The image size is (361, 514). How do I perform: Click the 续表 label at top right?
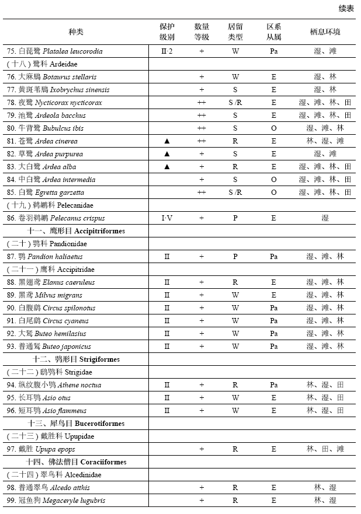[x=346, y=8]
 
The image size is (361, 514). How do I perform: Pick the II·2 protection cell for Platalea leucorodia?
[x=168, y=51]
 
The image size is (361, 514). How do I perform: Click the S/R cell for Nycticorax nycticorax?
[x=235, y=103]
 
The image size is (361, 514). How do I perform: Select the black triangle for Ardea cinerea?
[x=167, y=141]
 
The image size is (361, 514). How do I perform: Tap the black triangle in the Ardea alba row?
[x=167, y=167]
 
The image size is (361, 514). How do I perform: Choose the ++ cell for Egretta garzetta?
[x=202, y=193]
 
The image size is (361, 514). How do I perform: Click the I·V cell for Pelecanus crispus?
[x=167, y=218]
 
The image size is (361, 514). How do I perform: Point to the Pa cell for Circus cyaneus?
[x=273, y=321]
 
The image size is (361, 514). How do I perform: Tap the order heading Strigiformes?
[x=77, y=359]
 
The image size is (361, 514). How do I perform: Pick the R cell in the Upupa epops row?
[x=235, y=449]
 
